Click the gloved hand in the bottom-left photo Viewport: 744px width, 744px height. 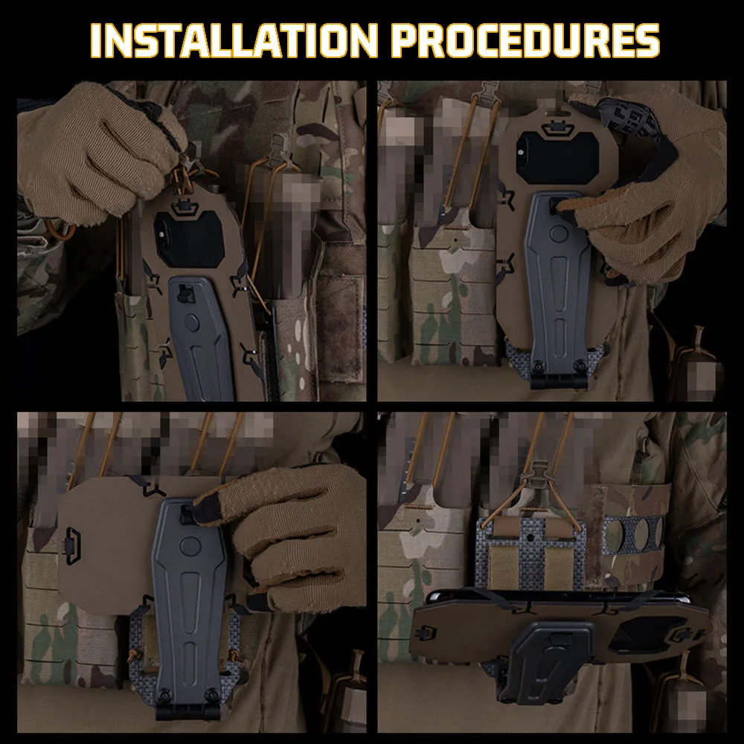[x=298, y=536]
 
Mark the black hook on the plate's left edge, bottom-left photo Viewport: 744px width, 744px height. [x=72, y=540]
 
